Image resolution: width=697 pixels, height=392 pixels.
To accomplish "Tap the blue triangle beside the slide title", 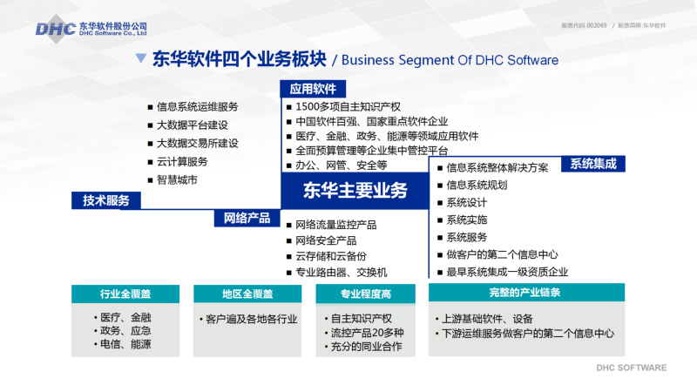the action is [141, 57].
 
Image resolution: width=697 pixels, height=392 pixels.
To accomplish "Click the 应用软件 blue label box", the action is [313, 89].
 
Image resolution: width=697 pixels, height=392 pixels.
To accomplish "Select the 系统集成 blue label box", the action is [593, 164].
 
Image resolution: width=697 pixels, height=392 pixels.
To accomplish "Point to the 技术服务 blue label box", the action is [106, 200].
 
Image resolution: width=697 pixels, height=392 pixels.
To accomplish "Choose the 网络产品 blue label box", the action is [247, 219].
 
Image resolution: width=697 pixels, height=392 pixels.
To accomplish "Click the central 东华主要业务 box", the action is [355, 190].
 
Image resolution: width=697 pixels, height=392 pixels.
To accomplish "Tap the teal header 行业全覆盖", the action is [125, 294].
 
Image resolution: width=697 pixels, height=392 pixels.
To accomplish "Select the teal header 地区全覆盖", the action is [247, 294].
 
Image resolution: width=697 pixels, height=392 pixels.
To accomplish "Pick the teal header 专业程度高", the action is [365, 294].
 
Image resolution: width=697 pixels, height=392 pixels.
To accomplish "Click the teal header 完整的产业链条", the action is [526, 293].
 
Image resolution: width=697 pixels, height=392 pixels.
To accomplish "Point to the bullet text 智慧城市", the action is [177, 180].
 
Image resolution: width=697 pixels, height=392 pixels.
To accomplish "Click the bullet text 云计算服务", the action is [182, 162].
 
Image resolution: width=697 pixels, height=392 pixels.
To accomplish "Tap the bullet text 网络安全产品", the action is [326, 240].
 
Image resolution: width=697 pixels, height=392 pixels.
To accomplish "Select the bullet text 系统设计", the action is [467, 203].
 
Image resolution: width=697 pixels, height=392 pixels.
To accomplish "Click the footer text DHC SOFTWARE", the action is [631, 368].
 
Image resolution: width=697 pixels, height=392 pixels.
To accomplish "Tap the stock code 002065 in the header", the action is [597, 25].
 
